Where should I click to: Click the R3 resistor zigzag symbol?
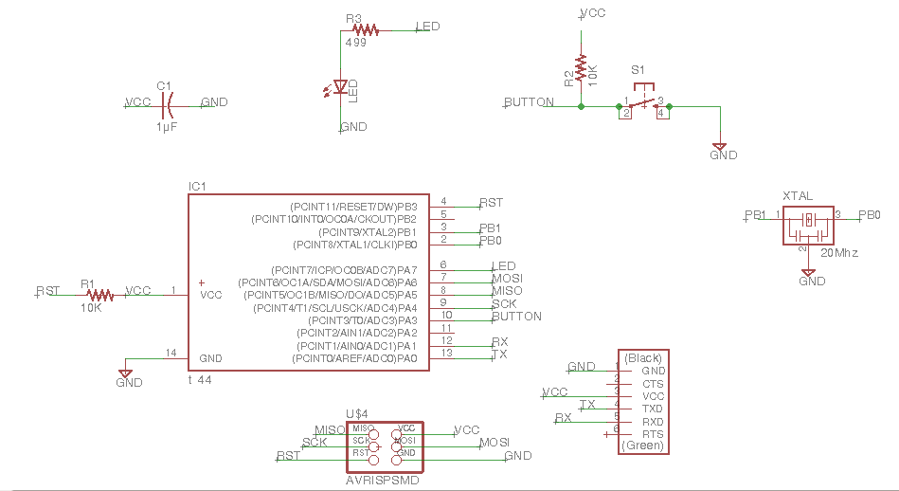pos(365,30)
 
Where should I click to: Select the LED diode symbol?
pos(340,88)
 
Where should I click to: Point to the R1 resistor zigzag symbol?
pos(99,295)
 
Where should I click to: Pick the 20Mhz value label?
pos(840,254)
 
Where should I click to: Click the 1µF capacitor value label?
pos(167,125)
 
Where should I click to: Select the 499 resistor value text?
pos(355,43)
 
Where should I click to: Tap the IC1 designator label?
pos(197,186)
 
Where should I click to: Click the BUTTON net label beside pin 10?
pos(516,316)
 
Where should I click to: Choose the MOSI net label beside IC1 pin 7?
pos(508,279)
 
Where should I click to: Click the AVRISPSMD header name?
pos(383,480)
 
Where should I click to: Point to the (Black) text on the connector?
pos(642,358)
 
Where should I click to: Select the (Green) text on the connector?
pos(641,446)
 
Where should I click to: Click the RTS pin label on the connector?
pos(653,433)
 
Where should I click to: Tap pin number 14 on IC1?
pos(171,354)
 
